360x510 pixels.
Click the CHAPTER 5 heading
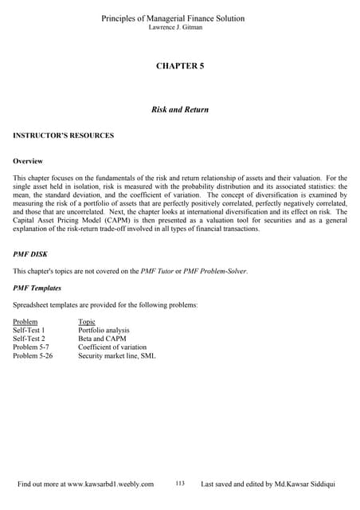pyautogui.click(x=180, y=65)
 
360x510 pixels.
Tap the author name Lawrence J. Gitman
pyautogui.click(x=180, y=28)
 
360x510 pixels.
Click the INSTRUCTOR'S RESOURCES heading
pyautogui.click(x=64, y=135)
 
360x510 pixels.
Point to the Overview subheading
pyautogui.click(x=28, y=160)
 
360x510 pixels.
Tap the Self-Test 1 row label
pyautogui.click(x=29, y=330)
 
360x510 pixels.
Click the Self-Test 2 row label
pyautogui.click(x=29, y=339)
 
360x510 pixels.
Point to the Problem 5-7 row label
pyautogui.click(x=32, y=347)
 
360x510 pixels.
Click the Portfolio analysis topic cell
pyautogui.click(x=104, y=330)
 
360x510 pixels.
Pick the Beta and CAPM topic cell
pyautogui.click(x=104, y=339)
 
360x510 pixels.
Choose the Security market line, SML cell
pyautogui.click(x=117, y=356)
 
